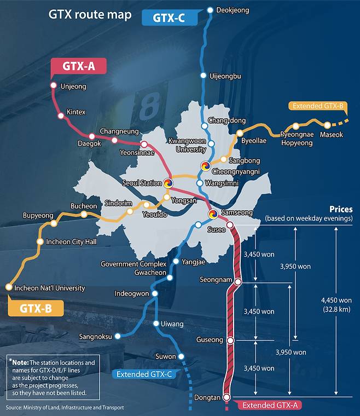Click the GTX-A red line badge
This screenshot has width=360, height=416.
pos(78,67)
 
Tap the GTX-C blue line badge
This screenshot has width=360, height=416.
pos(168,18)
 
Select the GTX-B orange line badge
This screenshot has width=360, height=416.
pos(36,308)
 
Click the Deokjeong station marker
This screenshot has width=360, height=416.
pos(210,10)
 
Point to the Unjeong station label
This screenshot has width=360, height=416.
pos(73,86)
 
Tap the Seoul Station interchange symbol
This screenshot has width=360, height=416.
pos(167,183)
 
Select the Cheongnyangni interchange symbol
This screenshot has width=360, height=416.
pos(205,166)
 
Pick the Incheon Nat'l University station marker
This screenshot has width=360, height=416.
pos(8,287)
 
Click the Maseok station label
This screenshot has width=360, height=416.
pos(332,135)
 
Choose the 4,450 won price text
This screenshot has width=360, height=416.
pos(337,301)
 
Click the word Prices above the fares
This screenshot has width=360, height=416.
pos(340,209)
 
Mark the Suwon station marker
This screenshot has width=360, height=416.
pos(182,356)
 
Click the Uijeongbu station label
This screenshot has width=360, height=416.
pos(225,76)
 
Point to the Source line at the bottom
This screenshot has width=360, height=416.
pos(65,408)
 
